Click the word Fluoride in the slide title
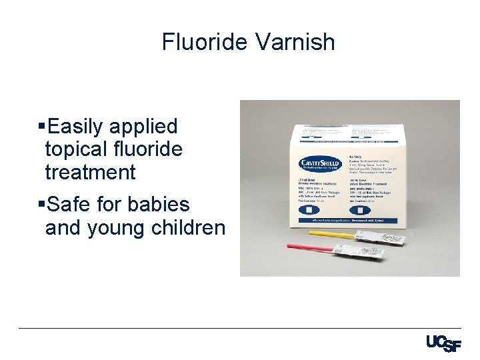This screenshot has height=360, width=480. point(205,42)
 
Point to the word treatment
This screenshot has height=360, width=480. point(90,172)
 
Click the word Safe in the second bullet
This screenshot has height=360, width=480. point(71,204)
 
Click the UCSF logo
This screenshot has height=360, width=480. point(443,343)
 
